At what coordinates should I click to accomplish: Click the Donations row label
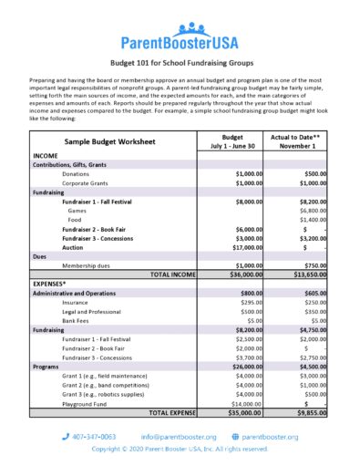click(77, 173)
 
